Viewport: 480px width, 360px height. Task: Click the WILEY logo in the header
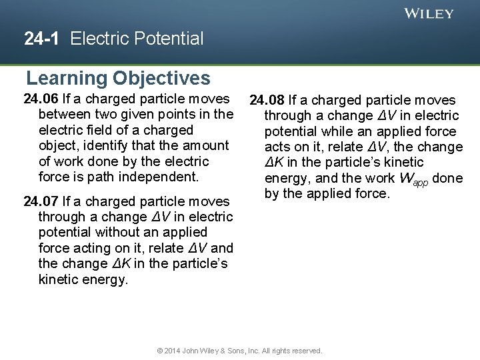(429, 13)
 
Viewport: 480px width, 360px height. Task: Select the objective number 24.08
(267, 101)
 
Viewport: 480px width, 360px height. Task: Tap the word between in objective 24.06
(65, 115)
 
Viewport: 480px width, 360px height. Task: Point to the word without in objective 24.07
(118, 232)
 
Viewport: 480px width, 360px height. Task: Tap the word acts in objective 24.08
(278, 147)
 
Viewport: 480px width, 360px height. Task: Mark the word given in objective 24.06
(137, 115)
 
